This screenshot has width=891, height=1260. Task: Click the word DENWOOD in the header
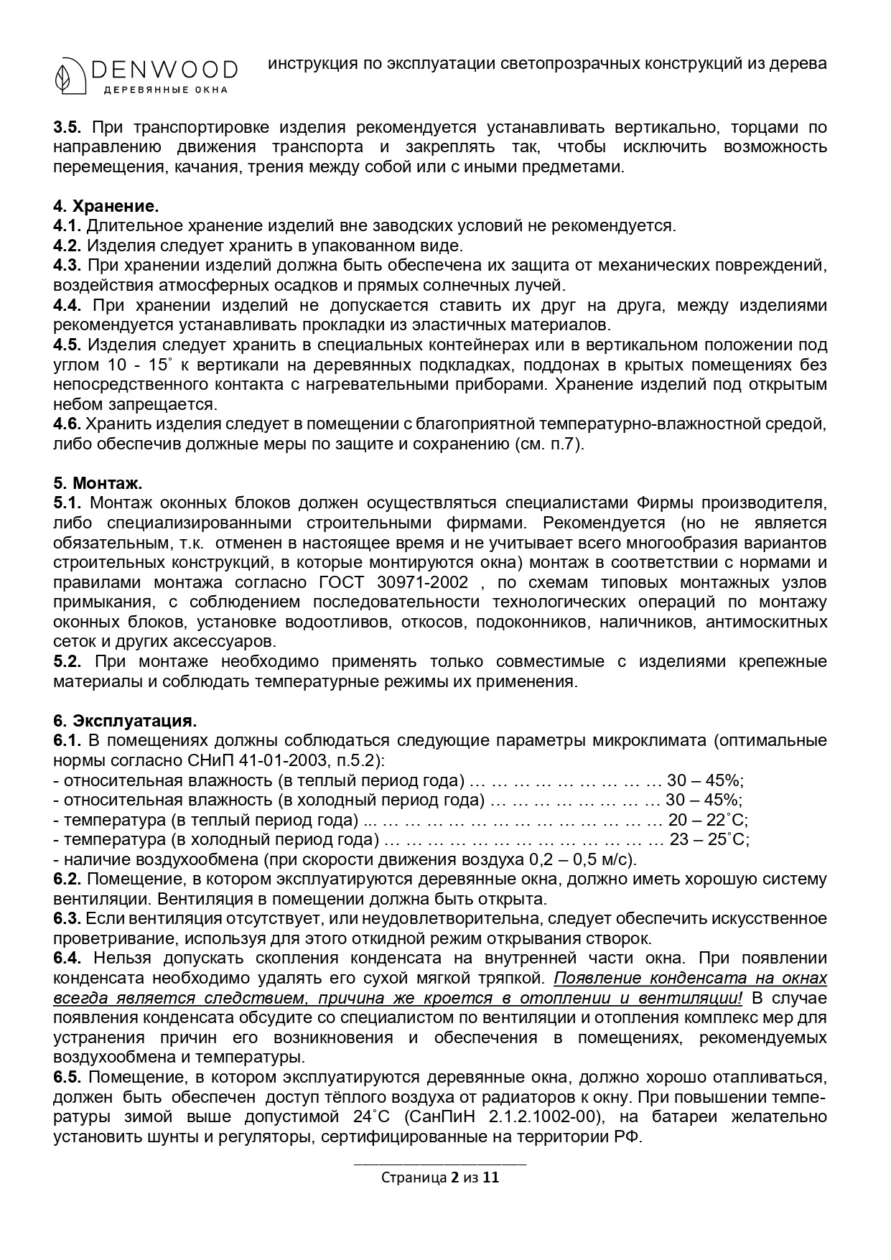(164, 69)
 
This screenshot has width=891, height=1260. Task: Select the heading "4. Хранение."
(106, 206)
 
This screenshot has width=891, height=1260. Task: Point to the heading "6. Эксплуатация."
(125, 720)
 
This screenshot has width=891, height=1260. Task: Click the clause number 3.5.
(67, 128)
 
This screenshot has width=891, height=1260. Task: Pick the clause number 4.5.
(67, 345)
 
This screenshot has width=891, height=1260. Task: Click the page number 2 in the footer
(454, 1177)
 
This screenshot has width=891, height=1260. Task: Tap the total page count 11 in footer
(491, 1177)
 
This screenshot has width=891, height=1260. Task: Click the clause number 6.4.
(67, 958)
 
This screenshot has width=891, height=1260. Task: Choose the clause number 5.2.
(67, 661)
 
